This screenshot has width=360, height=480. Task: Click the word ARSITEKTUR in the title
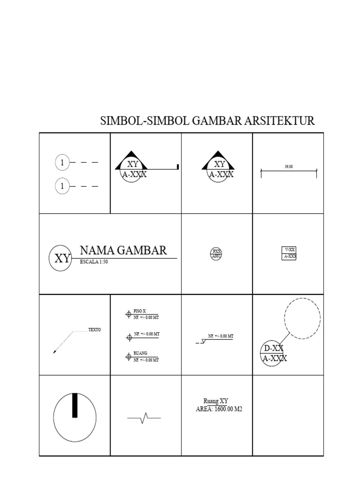[x=279, y=121]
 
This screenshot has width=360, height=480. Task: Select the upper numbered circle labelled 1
[x=62, y=163]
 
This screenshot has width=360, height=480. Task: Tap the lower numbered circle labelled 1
[x=62, y=186]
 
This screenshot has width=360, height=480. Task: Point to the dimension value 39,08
[x=289, y=166]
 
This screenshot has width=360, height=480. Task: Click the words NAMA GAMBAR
[x=123, y=250]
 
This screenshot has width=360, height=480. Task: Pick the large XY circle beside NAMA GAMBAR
[x=60, y=258]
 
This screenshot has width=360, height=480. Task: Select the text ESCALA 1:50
[x=94, y=262]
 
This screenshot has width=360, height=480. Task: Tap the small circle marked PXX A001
[x=216, y=254]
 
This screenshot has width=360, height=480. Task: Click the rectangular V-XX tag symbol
[x=289, y=253]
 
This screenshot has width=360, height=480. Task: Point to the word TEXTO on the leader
[x=95, y=330]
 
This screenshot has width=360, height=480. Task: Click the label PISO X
[x=140, y=311]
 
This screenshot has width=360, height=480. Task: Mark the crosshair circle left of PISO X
[x=128, y=315]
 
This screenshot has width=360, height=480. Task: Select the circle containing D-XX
[x=272, y=353]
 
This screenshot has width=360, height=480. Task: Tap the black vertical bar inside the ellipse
[x=75, y=405]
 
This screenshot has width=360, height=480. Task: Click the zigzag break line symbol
[x=144, y=417]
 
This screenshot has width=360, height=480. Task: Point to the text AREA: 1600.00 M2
[x=219, y=409]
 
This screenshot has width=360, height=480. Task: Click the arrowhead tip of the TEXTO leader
[x=54, y=352]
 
